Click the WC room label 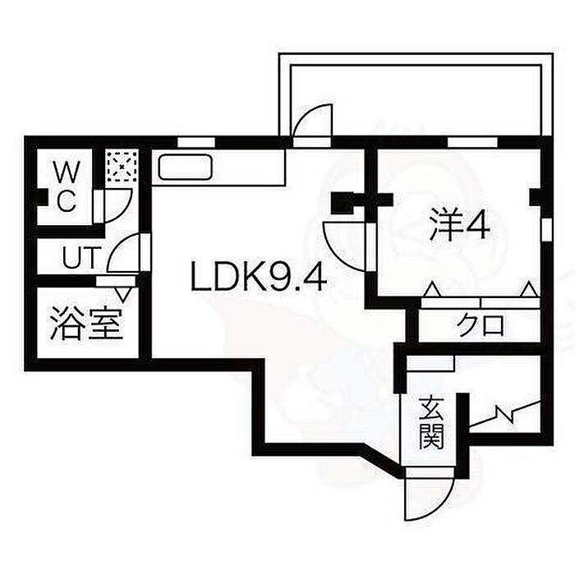pyautogui.click(x=67, y=187)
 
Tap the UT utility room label pyautogui.click(x=81, y=257)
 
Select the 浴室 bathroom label pyautogui.click(x=86, y=323)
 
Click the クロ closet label pyautogui.click(x=481, y=325)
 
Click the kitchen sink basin pyautogui.click(x=185, y=168)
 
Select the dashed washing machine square pyautogui.click(x=122, y=166)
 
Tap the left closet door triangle pyautogui.click(x=432, y=289)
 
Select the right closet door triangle pyautogui.click(x=529, y=289)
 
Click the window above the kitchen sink pyautogui.click(x=195, y=142)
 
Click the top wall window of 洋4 pyautogui.click(x=473, y=142)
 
